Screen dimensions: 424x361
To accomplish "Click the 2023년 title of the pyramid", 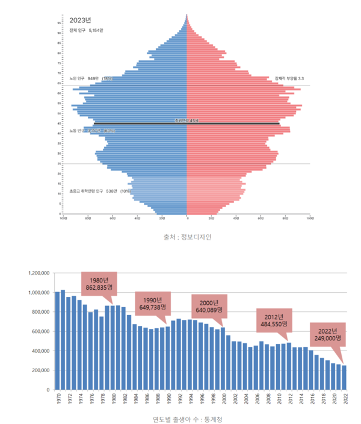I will coord(80,20).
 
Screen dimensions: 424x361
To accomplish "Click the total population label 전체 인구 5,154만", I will coord(87,30).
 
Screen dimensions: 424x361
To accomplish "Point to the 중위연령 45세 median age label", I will coord(187,121).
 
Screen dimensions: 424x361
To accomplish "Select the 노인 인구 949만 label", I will coord(84,78).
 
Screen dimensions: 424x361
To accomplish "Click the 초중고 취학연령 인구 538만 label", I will coord(100,191).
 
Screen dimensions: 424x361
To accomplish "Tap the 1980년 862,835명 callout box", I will coord(99,284).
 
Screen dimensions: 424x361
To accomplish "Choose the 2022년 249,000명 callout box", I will coord(327,335).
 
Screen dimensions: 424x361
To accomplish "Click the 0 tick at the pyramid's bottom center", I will coord(187,219).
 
